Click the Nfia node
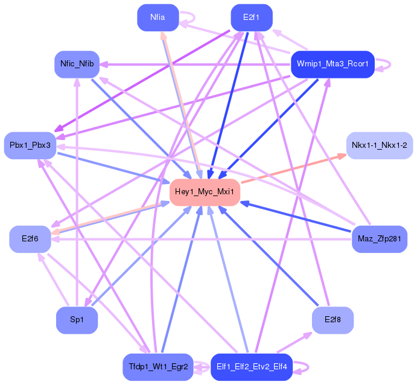(x=158, y=17)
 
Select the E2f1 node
(x=252, y=17)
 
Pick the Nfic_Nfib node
(x=77, y=64)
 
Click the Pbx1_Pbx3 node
(x=30, y=145)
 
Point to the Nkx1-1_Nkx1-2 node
(x=379, y=145)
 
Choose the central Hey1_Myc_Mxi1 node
(x=205, y=192)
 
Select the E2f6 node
(x=30, y=239)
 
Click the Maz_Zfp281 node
(x=379, y=239)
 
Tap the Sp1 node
(x=77, y=320)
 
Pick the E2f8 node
(x=333, y=320)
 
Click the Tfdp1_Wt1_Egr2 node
(x=158, y=367)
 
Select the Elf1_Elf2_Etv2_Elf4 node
(x=252, y=367)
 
